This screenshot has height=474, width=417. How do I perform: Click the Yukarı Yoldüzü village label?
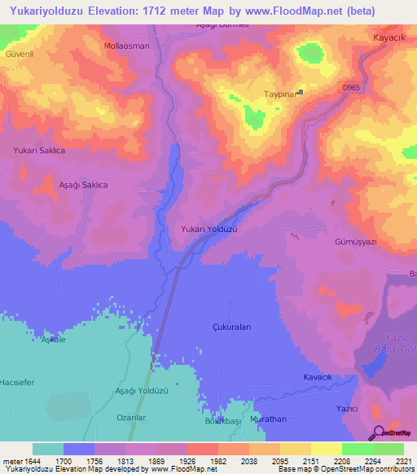click(208, 230)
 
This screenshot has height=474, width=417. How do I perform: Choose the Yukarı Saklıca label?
click(38, 151)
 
